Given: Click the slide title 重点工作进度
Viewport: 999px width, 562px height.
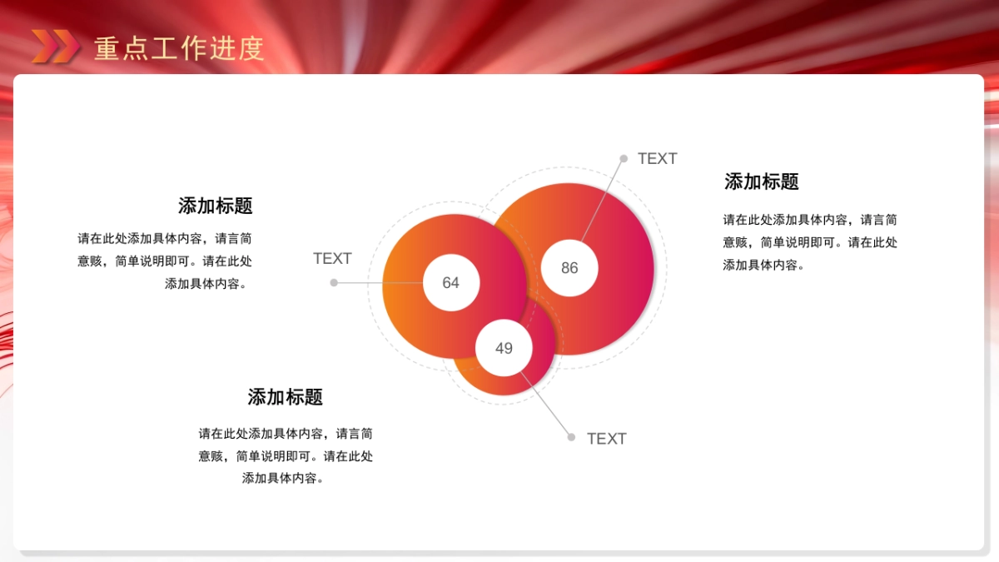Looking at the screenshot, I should (179, 48).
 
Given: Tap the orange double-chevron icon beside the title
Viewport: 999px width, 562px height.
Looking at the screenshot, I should (55, 47).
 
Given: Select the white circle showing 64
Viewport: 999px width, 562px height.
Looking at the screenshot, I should (450, 282).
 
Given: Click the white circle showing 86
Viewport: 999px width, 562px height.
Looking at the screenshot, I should (569, 268).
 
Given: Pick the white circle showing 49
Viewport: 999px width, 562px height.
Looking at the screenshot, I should (504, 348).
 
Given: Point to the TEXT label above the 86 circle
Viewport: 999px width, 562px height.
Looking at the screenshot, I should (657, 159).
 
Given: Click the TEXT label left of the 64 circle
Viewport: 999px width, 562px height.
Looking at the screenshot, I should (332, 259).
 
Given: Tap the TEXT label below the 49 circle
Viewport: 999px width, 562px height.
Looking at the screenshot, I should (606, 439).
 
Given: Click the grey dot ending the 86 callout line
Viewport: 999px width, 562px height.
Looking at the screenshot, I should (624, 158).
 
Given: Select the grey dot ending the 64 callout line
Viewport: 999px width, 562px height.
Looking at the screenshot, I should (334, 283).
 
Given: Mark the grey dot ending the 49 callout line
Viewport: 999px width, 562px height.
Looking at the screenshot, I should (571, 437).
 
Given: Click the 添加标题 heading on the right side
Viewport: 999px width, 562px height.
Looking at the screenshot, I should (761, 182).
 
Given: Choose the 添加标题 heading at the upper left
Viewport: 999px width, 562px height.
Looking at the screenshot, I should (215, 206).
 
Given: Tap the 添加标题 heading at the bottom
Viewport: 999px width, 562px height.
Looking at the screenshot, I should (285, 397).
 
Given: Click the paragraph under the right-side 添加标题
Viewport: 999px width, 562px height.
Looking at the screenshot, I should (810, 242).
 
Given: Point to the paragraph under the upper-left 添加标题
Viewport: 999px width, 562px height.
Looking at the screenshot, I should (166, 261).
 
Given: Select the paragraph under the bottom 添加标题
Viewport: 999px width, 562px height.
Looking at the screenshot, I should (286, 456).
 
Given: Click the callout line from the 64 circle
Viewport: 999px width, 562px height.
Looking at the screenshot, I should (379, 283).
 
